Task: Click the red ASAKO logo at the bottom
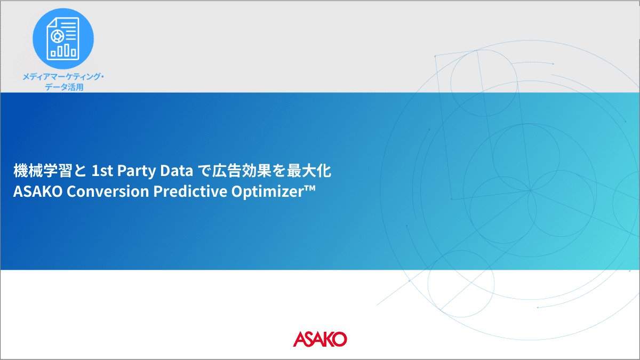[319, 339]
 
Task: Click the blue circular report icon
[63, 38]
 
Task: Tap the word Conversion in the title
[108, 191]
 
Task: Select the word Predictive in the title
[190, 191]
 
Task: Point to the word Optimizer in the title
[269, 191]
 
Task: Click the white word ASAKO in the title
[38, 191]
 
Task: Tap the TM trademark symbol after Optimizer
[311, 187]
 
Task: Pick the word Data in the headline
[177, 171]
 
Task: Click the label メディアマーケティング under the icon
[61, 77]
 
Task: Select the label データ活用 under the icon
[64, 87]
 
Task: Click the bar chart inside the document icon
[63, 50]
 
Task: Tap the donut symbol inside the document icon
[57, 36]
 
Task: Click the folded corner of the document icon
[51, 22]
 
